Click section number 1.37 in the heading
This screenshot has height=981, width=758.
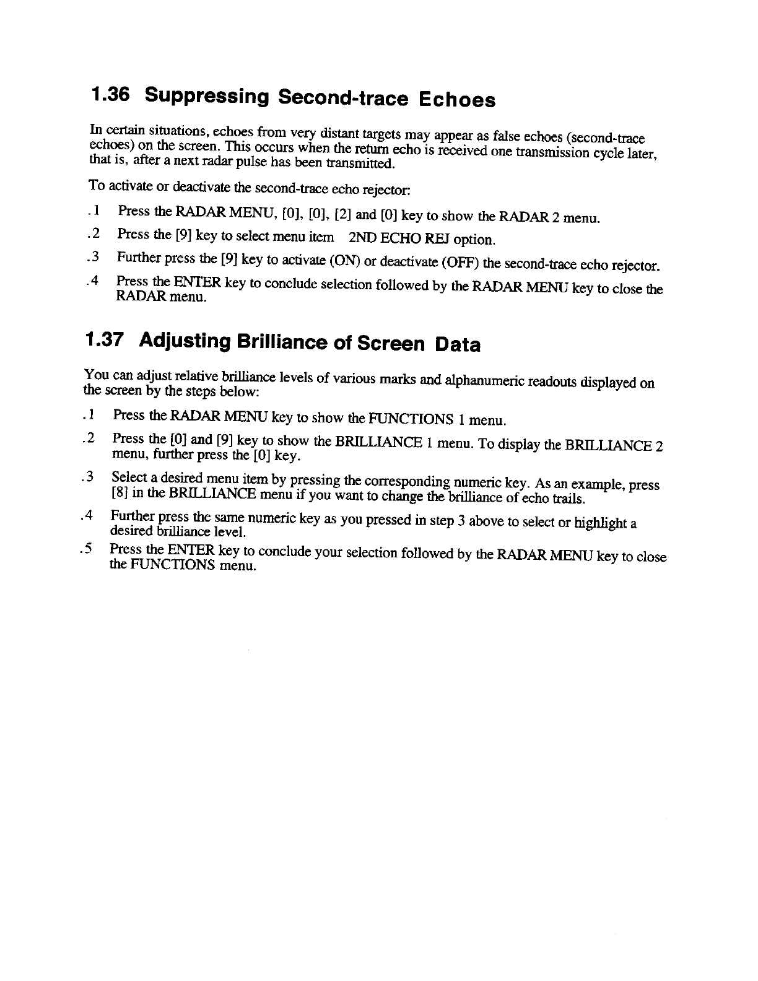pyautogui.click(x=104, y=339)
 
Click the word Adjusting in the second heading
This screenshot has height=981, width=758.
pyautogui.click(x=180, y=341)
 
